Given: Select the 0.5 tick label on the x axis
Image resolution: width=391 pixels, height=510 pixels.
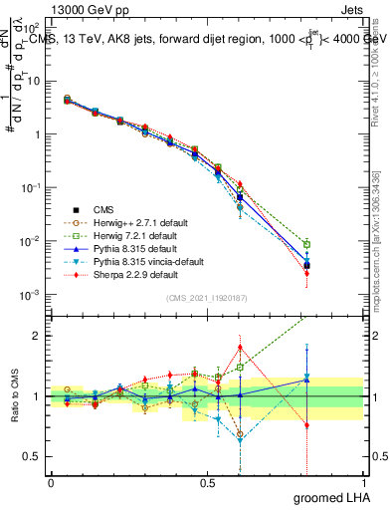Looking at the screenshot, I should (207, 482).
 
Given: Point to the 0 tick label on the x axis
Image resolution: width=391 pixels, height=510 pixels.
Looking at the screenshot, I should (51, 482).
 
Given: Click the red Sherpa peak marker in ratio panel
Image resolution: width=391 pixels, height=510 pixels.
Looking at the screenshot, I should (240, 348).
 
